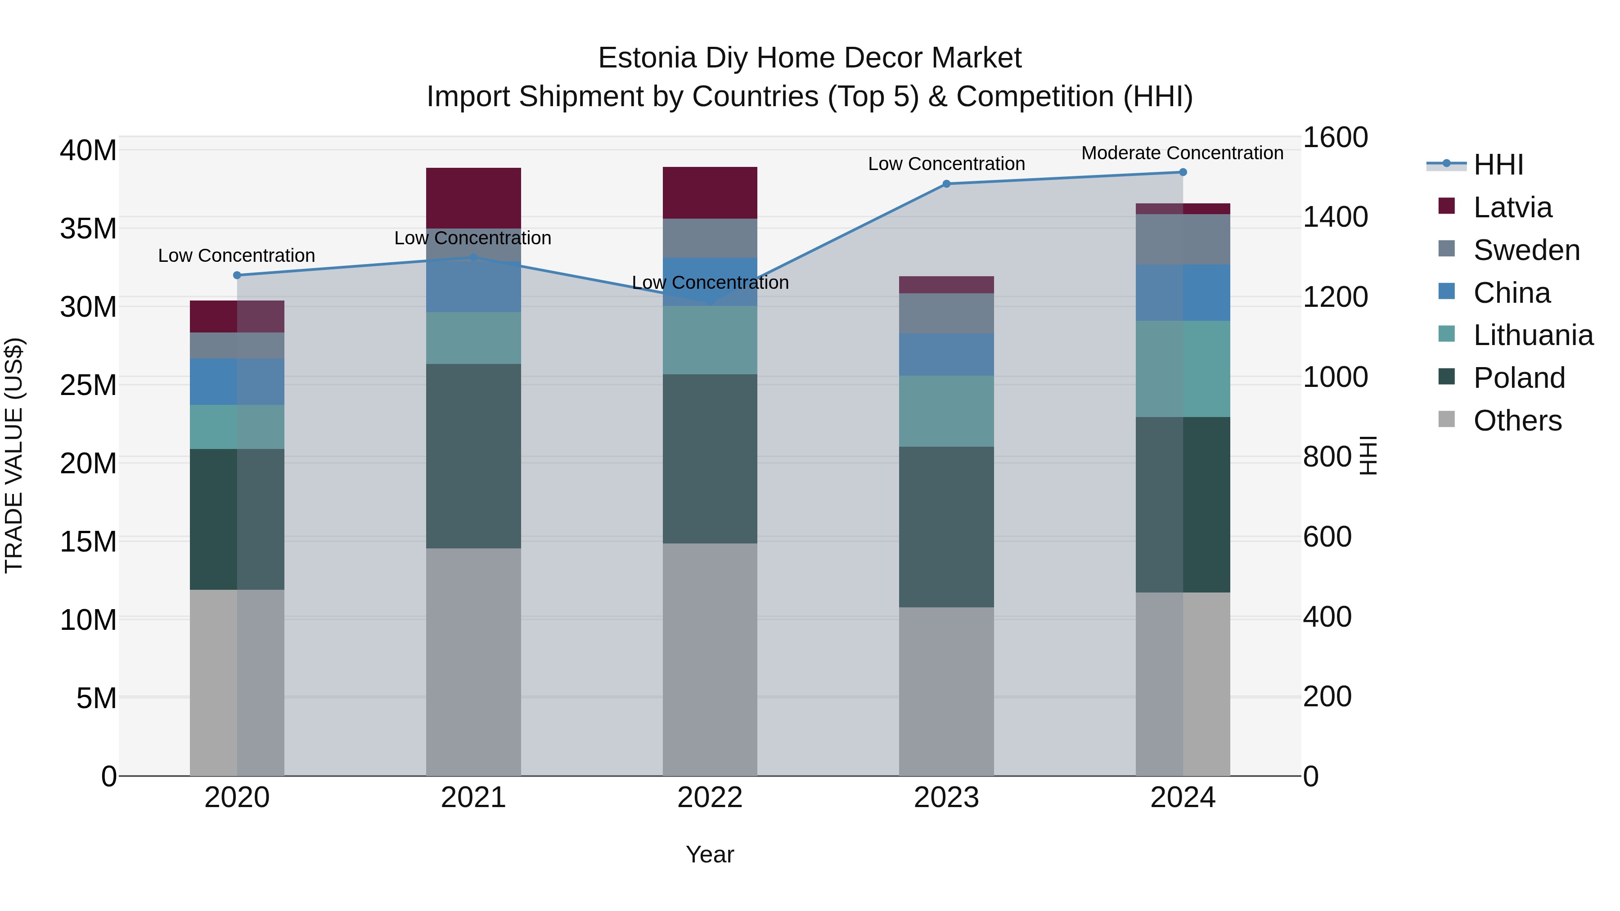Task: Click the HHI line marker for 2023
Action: (x=946, y=184)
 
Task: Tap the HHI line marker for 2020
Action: (x=237, y=275)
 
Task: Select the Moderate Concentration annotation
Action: (x=1182, y=153)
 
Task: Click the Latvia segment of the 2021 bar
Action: (x=473, y=197)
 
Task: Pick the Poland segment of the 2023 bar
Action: (x=946, y=527)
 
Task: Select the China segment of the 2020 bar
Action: (x=237, y=381)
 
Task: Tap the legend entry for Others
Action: (x=1517, y=421)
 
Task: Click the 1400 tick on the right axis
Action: (x=1335, y=217)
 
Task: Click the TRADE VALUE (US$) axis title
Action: (x=14, y=455)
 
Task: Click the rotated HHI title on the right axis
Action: (x=1368, y=455)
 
